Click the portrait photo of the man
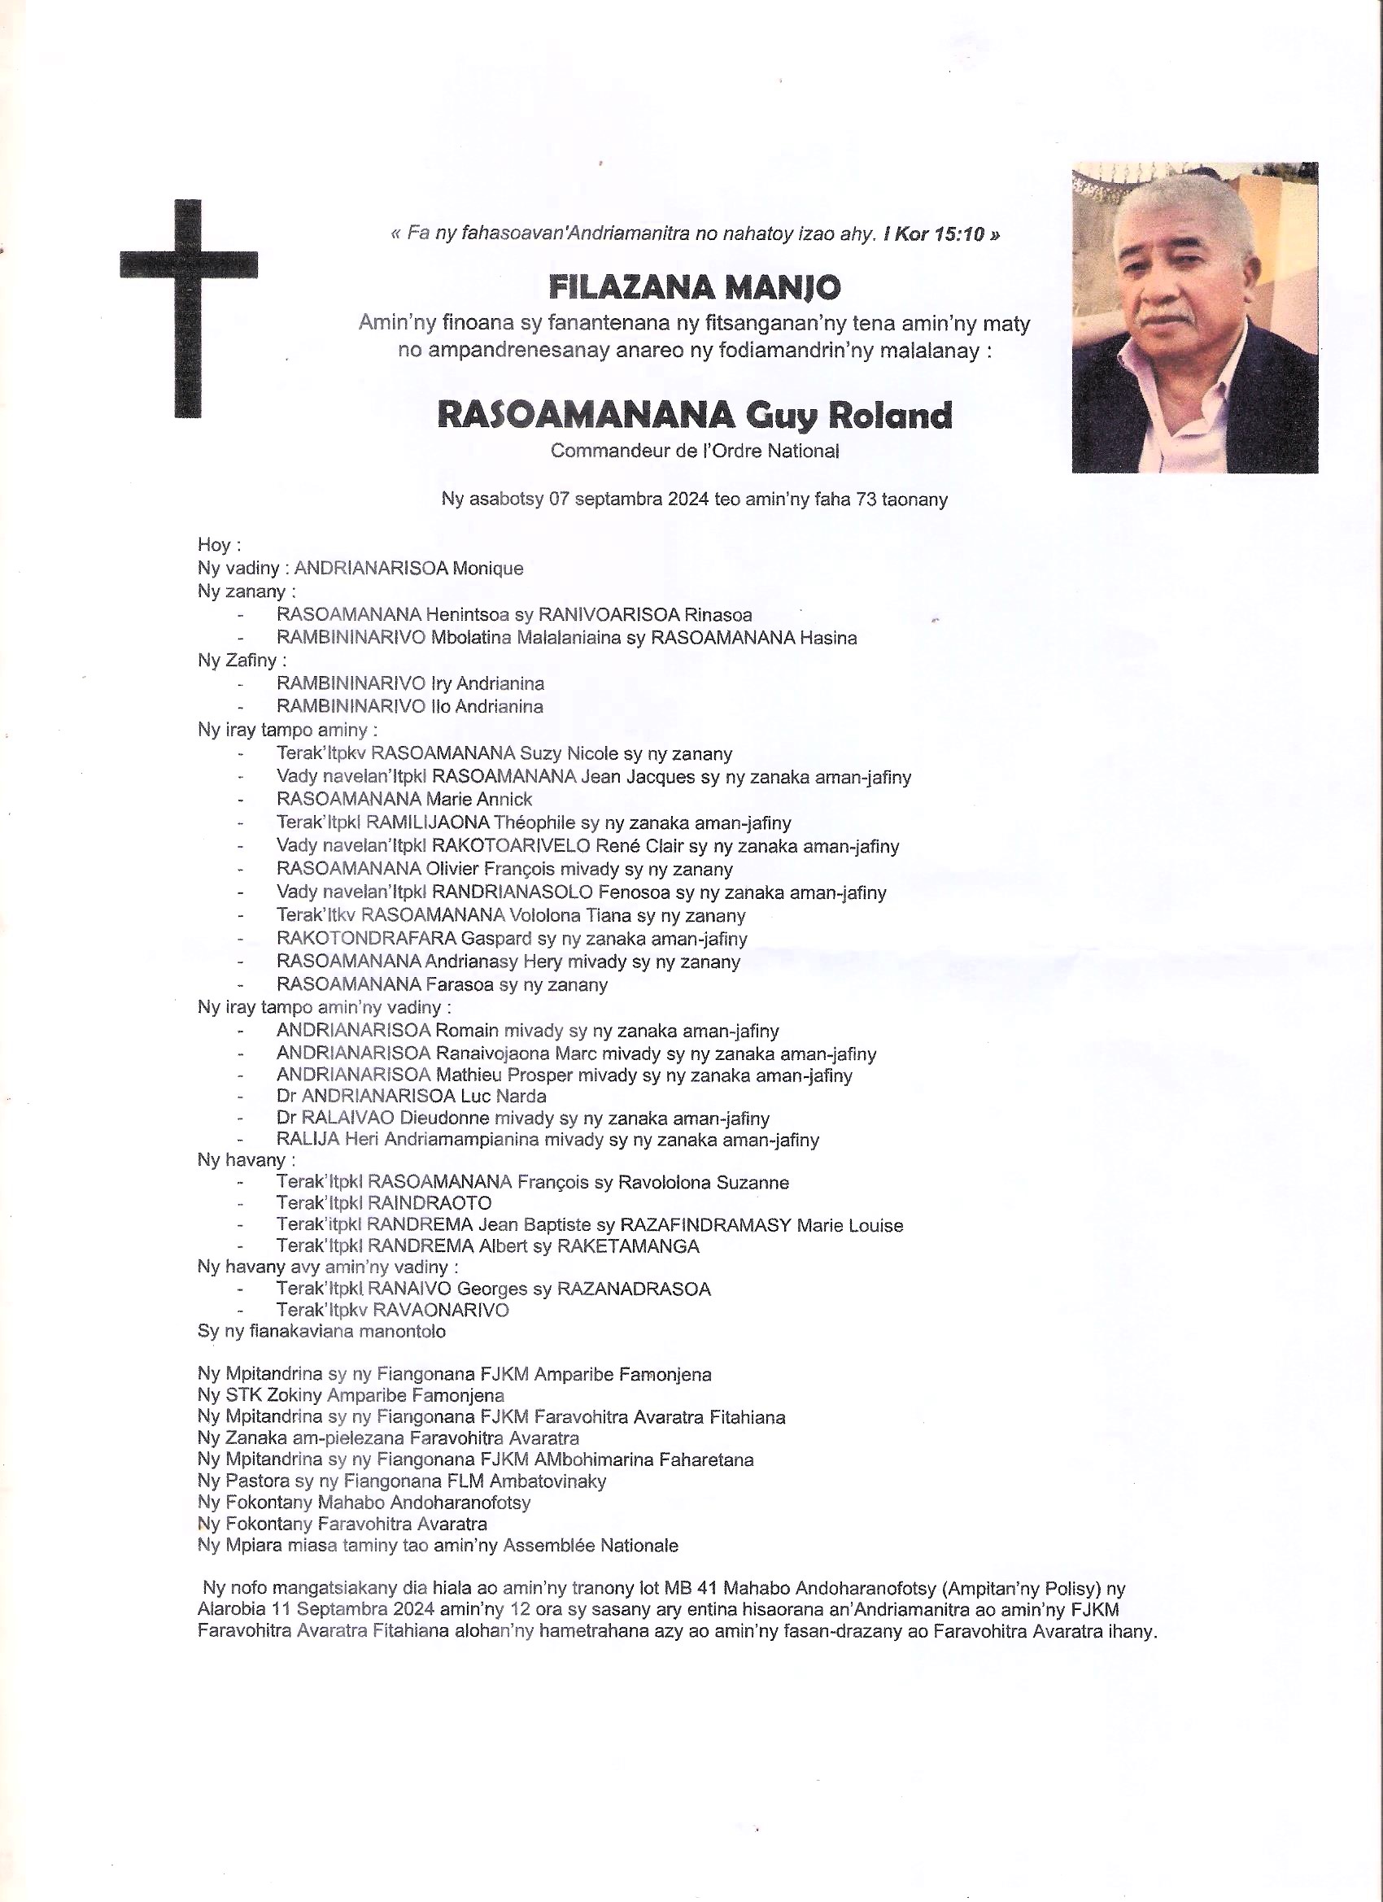(x=1194, y=317)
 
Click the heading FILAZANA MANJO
(x=695, y=288)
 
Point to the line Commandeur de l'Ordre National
(x=695, y=452)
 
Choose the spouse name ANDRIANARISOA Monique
(x=408, y=569)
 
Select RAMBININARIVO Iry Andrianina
(x=410, y=683)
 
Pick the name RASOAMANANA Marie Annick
(x=404, y=799)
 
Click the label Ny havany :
(x=246, y=1161)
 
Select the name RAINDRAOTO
(x=430, y=1203)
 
